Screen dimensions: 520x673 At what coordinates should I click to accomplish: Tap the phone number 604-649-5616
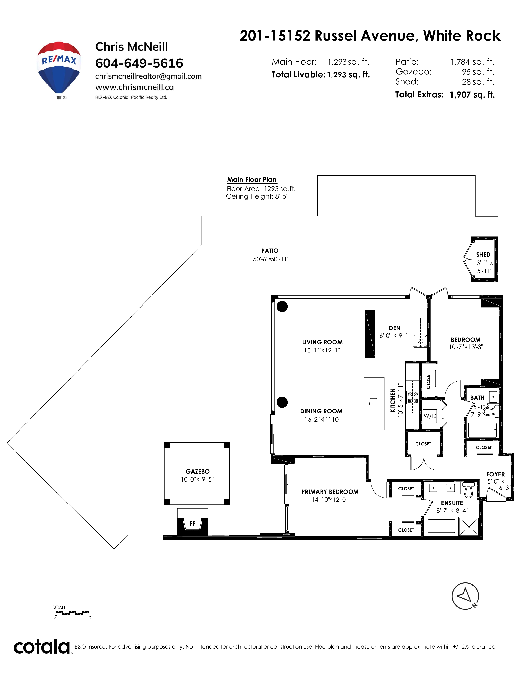[x=139, y=63]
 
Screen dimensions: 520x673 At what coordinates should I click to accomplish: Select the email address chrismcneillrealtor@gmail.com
[x=148, y=76]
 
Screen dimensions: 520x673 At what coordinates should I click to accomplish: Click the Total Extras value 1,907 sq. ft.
[x=472, y=95]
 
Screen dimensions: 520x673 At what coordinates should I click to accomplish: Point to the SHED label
[x=483, y=255]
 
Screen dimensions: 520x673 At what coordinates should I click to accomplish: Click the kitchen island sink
[x=374, y=403]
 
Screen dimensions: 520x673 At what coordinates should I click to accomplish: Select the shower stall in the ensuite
[x=469, y=526]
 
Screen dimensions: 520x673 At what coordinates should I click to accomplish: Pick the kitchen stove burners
[x=413, y=397]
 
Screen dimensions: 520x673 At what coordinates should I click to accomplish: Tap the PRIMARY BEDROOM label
[x=330, y=492]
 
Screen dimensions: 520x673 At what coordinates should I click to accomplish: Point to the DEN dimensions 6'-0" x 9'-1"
[x=395, y=335]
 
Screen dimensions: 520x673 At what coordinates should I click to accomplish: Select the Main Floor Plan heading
[x=252, y=180]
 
